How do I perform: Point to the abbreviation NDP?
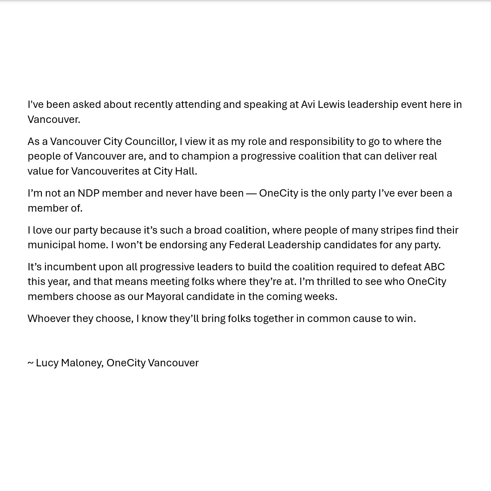(88, 193)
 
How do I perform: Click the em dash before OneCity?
(251, 193)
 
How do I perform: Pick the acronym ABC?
(434, 267)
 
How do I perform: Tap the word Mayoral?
(164, 296)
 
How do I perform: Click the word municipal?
(51, 245)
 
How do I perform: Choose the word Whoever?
(49, 318)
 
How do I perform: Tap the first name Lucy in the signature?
(47, 363)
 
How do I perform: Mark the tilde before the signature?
(30, 363)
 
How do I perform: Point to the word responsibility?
(322, 141)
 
